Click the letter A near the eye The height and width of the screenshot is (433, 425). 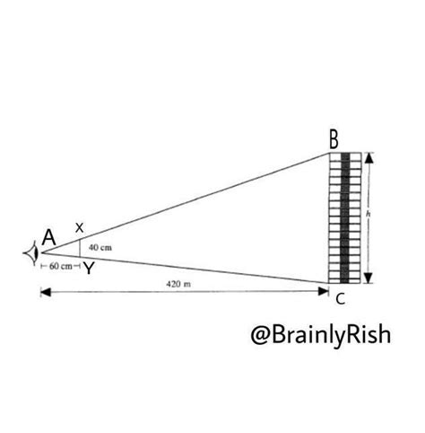(49, 238)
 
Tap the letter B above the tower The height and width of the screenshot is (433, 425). (334, 140)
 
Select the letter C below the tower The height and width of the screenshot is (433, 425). (341, 299)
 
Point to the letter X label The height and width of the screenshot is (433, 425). (79, 228)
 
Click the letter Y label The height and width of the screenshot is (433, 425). (89, 269)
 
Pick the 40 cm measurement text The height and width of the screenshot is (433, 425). (100, 248)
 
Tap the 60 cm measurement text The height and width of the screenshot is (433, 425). (61, 266)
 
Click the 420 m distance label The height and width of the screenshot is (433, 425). (178, 284)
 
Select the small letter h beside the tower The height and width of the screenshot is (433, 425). (369, 214)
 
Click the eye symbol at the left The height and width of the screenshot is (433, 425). (31, 253)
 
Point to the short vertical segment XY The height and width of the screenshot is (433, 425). (80, 248)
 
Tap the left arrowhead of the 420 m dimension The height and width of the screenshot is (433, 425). (46, 292)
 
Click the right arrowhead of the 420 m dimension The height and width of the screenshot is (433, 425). (324, 291)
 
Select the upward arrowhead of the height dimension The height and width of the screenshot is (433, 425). (369, 158)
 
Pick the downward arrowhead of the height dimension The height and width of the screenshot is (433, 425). (369, 278)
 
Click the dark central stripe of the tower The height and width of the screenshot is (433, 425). (345, 218)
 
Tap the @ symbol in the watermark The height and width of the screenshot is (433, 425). (260, 335)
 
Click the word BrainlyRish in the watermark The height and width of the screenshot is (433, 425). (331, 335)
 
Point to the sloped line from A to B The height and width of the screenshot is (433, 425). (186, 203)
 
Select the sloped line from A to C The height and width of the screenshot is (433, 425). (186, 268)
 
